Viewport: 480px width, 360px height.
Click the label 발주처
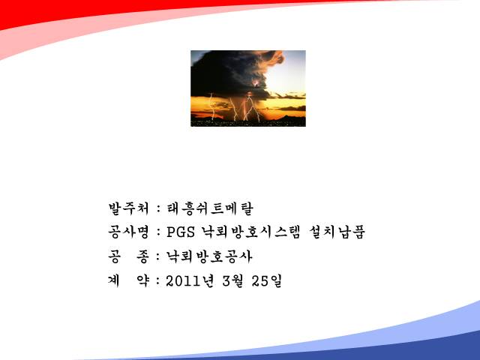click(x=128, y=208)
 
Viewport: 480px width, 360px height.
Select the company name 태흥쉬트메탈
click(x=210, y=208)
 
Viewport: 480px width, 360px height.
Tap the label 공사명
click(x=128, y=232)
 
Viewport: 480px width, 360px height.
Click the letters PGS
click(x=181, y=232)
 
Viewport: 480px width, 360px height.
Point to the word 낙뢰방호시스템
click(x=250, y=232)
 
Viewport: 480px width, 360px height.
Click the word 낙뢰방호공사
click(x=209, y=256)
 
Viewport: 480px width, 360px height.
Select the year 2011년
click(x=190, y=280)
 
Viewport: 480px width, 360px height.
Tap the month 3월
click(x=233, y=280)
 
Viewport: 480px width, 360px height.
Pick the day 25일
click(x=267, y=280)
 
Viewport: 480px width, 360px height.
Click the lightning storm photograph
click(x=248, y=88)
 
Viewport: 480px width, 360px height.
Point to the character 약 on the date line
click(x=143, y=280)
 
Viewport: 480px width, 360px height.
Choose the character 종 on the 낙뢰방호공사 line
click(x=143, y=256)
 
